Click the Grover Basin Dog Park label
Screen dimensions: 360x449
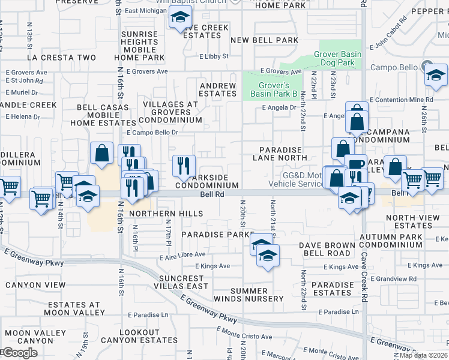338,58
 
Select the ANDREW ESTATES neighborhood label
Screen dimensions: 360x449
217,89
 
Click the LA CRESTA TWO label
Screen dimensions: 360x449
61,58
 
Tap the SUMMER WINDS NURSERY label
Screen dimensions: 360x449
249,295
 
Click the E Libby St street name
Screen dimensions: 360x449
214,56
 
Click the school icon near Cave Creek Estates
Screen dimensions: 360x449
179,19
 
